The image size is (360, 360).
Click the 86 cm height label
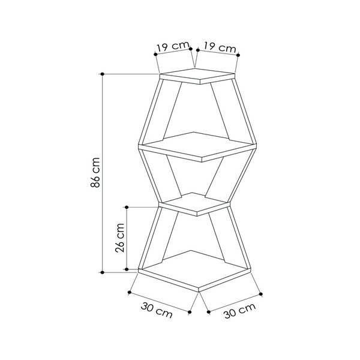95,173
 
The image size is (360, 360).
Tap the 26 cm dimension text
120,238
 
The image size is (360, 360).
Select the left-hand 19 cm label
173,47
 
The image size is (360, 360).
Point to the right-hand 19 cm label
220,47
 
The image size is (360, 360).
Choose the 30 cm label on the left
157,310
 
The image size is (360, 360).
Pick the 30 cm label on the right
239,310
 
